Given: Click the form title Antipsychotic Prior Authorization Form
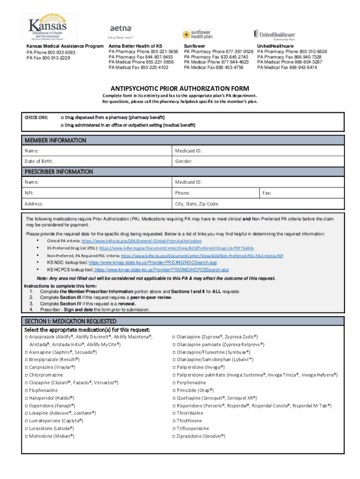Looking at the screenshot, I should click(x=180, y=88).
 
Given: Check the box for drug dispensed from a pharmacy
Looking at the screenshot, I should click(x=62, y=117).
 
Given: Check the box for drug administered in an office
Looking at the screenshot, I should click(x=62, y=125).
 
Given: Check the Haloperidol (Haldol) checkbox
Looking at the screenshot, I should click(x=26, y=398).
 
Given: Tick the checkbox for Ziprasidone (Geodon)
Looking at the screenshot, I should click(x=174, y=436).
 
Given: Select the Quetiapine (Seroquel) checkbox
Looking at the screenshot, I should click(x=174, y=398).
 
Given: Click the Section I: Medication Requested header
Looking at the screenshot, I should click(x=70, y=322).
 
